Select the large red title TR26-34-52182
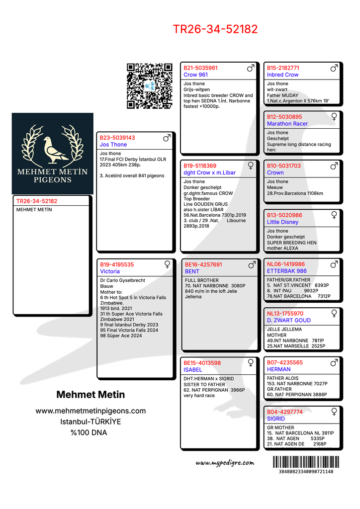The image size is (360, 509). [215, 29]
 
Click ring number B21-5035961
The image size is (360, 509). [200, 68]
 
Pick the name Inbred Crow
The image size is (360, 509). [282, 75]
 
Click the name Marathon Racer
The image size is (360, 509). [287, 124]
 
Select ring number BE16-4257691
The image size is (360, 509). [203, 265]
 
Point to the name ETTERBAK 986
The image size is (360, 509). [287, 271]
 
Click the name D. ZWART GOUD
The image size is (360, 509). [289, 321]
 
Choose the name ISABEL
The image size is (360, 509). [193, 370]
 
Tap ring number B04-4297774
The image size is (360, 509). [284, 412]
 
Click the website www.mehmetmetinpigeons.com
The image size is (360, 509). [90, 411]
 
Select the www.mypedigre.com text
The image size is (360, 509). [225, 463]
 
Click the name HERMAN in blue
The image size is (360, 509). [279, 370]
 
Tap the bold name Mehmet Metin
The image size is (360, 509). [90, 395]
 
